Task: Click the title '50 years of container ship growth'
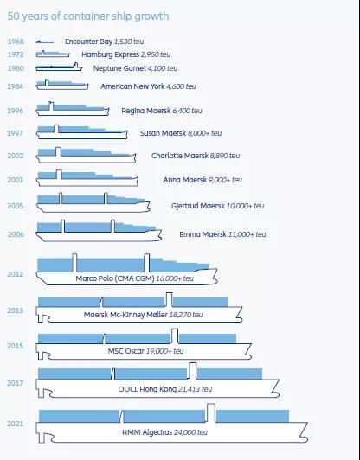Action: pyautogui.click(x=87, y=16)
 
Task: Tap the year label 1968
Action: pyautogui.click(x=16, y=42)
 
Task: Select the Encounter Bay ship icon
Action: pyautogui.click(x=45, y=42)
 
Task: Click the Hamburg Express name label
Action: pyautogui.click(x=111, y=54)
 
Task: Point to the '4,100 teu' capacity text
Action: pyautogui.click(x=163, y=68)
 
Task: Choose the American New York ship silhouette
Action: pyautogui.click(x=62, y=85)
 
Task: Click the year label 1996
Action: pyautogui.click(x=16, y=111)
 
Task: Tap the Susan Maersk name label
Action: pyautogui.click(x=163, y=133)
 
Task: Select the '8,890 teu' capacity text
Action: pyautogui.click(x=225, y=156)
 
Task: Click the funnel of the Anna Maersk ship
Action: pyautogui.click(x=59, y=175)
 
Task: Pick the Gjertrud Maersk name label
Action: pyautogui.click(x=198, y=206)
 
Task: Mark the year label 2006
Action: pyautogui.click(x=16, y=234)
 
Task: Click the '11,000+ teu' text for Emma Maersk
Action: pyautogui.click(x=247, y=234)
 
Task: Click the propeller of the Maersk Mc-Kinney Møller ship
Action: pyautogui.click(x=43, y=318)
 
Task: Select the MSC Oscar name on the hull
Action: pyautogui.click(x=126, y=351)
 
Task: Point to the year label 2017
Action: pyautogui.click(x=16, y=383)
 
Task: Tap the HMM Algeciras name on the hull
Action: pyautogui.click(x=147, y=432)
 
